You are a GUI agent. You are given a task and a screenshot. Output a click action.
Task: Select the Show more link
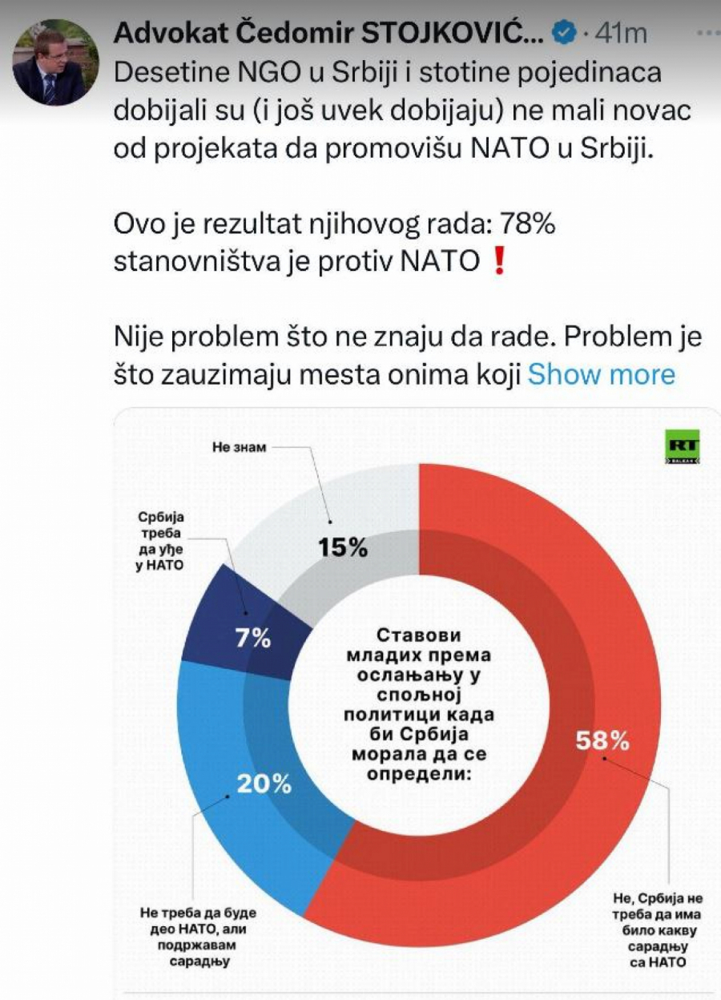[x=601, y=374]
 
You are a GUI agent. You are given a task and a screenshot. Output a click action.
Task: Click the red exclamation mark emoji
[x=500, y=262]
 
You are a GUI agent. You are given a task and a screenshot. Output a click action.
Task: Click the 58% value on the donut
[x=602, y=741]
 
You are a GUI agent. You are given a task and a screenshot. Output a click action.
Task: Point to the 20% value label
[x=264, y=783]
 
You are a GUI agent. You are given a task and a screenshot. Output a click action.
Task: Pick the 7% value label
[x=252, y=639]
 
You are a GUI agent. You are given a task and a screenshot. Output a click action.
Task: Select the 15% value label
[x=342, y=547]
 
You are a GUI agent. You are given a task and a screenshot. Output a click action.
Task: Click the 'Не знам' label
[x=239, y=447]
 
